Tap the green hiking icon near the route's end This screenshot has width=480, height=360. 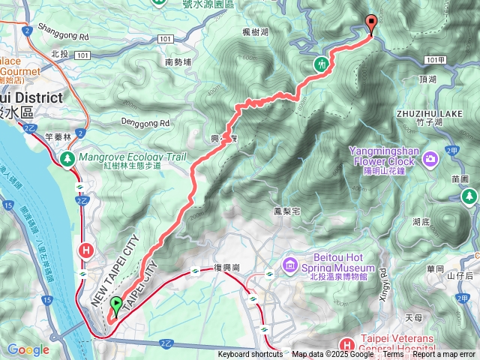coord(322,64)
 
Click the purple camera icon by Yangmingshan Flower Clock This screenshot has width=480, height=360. coord(430,158)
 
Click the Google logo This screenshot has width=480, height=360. coord(28,349)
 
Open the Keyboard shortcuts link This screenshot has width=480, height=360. coord(250,355)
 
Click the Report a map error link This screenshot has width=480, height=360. coord(444,355)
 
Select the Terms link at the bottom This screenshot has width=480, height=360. coord(393,355)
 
